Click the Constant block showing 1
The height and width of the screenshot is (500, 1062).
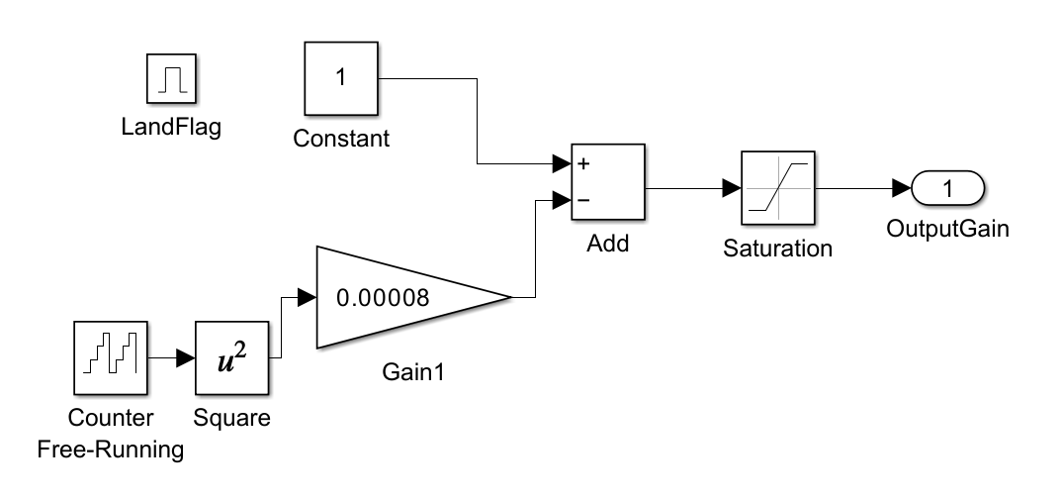click(x=341, y=79)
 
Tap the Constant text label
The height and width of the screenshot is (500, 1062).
click(x=341, y=139)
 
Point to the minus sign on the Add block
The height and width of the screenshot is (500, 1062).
click(x=584, y=200)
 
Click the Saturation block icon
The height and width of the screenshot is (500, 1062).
click(x=777, y=189)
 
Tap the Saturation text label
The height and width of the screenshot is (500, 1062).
click(x=777, y=249)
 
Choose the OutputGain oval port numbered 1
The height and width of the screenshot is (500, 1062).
click(x=946, y=188)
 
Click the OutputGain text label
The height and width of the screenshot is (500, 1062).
click(x=946, y=230)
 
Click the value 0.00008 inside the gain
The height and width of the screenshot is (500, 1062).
click(x=383, y=298)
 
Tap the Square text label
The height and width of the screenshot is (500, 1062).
click(x=231, y=418)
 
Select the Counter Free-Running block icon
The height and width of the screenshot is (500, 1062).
click(x=111, y=356)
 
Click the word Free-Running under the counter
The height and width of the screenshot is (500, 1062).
click(x=111, y=450)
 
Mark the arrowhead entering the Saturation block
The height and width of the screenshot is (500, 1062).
click(x=732, y=189)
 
